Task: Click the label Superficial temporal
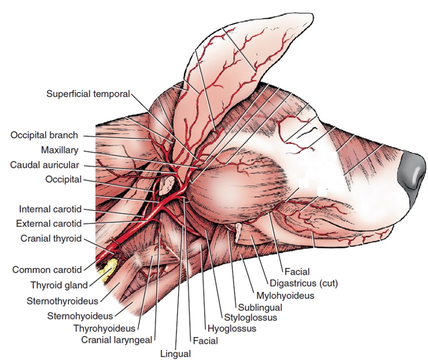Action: [88, 93]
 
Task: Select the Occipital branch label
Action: [44, 135]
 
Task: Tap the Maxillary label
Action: [60, 150]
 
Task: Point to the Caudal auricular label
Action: [48, 165]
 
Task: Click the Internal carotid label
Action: [50, 209]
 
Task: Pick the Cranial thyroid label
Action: [51, 238]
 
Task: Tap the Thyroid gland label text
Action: [59, 285]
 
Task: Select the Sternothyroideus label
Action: [63, 301]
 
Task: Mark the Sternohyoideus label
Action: [80, 315]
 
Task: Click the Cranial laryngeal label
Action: [118, 341]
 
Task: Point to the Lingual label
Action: [175, 354]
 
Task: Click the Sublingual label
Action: [260, 307]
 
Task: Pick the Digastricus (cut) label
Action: [304, 283]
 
